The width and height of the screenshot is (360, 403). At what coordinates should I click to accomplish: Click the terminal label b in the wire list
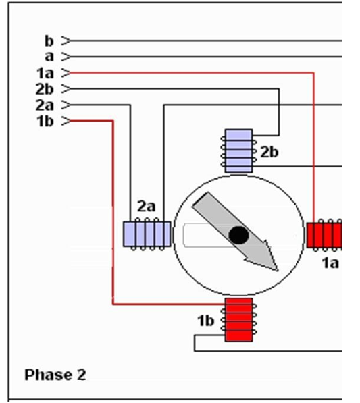click(49, 41)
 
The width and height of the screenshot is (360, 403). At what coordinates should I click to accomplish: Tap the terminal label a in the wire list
click(49, 57)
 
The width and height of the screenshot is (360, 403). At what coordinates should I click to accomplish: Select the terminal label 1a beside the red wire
click(45, 73)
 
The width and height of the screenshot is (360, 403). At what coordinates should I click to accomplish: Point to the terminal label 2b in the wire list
click(45, 89)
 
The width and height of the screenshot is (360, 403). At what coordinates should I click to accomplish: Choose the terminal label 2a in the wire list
click(45, 105)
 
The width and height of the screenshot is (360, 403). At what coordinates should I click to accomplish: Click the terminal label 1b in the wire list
click(45, 121)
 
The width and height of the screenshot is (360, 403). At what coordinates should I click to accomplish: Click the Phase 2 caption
click(55, 375)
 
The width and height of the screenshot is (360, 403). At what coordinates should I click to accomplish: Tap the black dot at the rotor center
click(238, 235)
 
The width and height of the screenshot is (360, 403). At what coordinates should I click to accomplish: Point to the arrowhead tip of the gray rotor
click(278, 271)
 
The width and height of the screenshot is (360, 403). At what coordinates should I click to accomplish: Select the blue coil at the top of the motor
click(238, 151)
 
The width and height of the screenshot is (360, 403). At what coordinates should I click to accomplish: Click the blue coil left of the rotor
click(147, 234)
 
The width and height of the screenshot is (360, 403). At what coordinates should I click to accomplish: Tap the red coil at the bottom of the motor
click(238, 320)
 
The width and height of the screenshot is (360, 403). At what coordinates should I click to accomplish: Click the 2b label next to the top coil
click(269, 152)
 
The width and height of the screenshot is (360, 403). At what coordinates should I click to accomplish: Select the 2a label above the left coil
click(147, 206)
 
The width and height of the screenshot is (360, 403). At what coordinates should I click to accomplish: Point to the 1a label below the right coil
click(330, 263)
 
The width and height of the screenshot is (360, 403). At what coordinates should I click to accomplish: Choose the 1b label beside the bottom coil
click(206, 321)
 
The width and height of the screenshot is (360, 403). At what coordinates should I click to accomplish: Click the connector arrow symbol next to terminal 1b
click(66, 121)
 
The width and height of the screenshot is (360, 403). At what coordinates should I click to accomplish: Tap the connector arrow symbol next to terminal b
click(66, 41)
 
